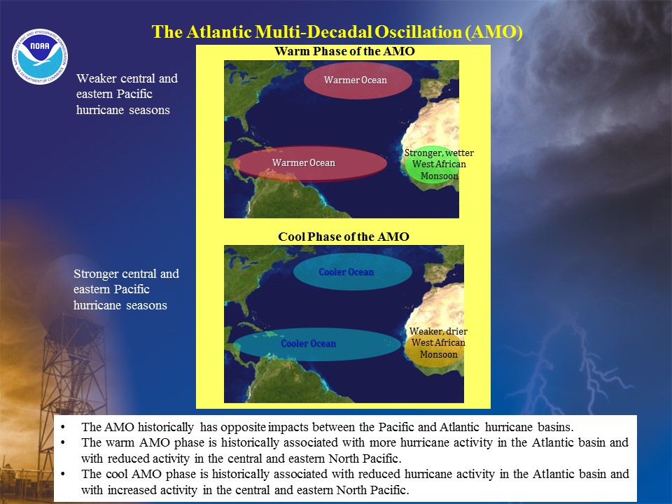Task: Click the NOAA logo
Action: tap(40, 57)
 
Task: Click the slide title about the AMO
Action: tap(337, 31)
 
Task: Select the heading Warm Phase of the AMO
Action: tap(344, 51)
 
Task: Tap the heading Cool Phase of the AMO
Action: tap(344, 237)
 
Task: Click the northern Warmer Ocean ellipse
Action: tap(358, 80)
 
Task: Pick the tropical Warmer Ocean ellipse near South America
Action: tap(310, 163)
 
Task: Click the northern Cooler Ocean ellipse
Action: tap(353, 272)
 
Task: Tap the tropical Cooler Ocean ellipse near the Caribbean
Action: tap(317, 344)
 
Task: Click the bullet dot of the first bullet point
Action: tap(64, 427)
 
